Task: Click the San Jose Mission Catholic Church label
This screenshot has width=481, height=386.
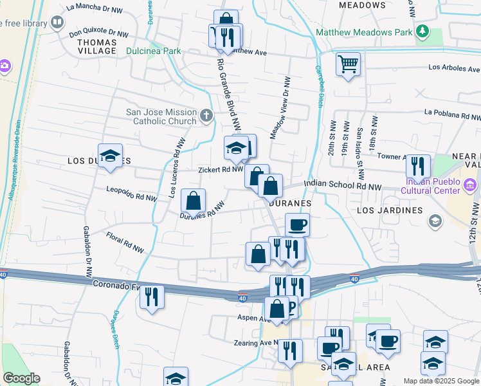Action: point(161,116)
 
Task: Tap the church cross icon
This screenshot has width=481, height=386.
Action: point(206,116)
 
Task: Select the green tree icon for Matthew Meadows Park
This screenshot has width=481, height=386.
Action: point(422,30)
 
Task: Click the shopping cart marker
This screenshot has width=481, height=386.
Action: point(348,64)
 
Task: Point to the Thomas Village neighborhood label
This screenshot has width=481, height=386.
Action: point(96,46)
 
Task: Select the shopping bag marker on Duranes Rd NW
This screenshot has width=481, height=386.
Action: point(193,201)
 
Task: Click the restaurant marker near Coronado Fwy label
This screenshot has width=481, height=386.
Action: point(151,297)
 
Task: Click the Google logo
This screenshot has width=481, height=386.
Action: point(21,378)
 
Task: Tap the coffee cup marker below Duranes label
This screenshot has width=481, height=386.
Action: point(297,225)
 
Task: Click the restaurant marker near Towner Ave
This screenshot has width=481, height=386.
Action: point(418,167)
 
